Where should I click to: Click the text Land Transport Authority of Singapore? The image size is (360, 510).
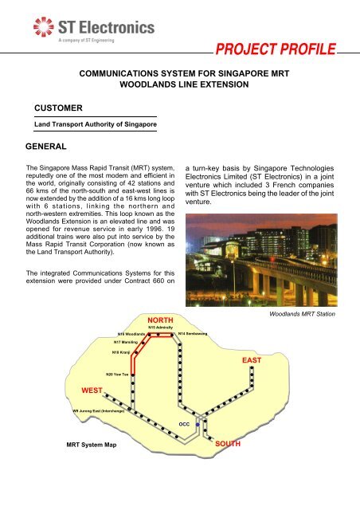pyautogui.click(x=94, y=124)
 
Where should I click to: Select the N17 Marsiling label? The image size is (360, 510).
pyautogui.click(x=127, y=341)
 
